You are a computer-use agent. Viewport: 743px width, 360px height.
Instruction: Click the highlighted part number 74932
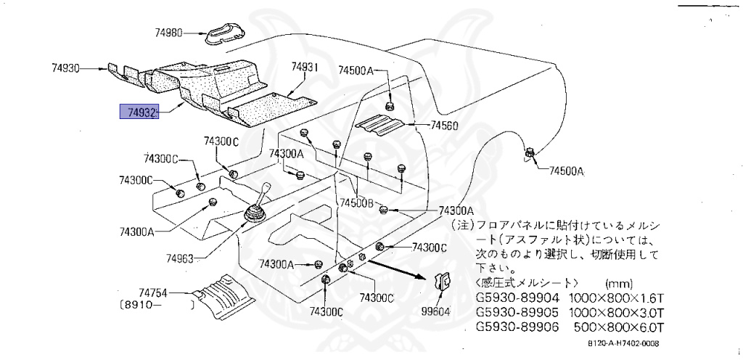pos(139,113)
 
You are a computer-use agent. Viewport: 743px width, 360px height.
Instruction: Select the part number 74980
pos(171,33)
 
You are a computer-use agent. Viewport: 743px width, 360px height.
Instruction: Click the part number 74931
pos(305,67)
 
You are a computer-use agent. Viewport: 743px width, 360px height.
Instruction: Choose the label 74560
pos(444,126)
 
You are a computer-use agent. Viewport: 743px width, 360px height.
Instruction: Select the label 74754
pos(154,292)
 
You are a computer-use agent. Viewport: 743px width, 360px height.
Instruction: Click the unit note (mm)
pos(617,283)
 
